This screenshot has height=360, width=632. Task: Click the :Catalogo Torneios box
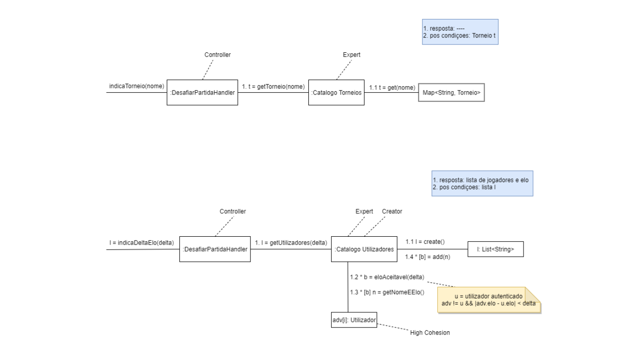336,92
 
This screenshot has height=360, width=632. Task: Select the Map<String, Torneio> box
451,92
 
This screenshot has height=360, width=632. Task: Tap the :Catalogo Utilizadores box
364,249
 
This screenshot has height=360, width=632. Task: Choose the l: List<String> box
496,249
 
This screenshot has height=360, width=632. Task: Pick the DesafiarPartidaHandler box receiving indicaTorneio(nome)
202,92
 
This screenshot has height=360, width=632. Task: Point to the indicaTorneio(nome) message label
136,86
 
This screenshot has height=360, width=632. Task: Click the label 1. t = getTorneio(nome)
273,86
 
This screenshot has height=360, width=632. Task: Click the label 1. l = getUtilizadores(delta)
291,243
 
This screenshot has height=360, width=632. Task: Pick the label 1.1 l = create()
425,242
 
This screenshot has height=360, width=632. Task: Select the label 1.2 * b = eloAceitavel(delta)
388,277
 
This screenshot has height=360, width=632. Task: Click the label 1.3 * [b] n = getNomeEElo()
387,292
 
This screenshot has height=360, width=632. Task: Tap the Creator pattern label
392,211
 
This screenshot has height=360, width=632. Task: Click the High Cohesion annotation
430,333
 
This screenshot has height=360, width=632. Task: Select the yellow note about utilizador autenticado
489,299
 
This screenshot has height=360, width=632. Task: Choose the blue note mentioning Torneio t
460,32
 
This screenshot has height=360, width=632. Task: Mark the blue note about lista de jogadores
481,183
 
